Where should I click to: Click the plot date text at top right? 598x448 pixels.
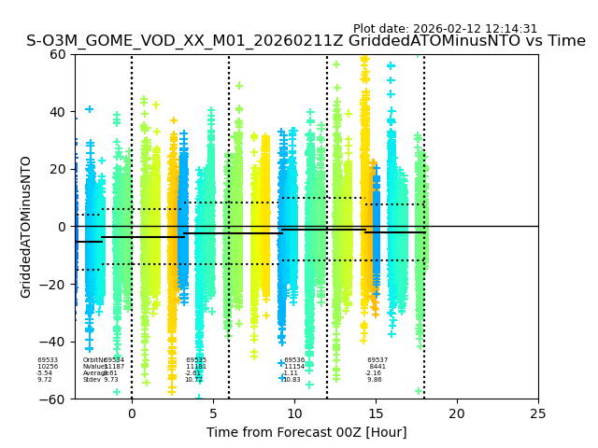[445, 29]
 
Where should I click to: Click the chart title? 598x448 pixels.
[306, 41]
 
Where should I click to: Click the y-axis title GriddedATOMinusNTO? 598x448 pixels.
[26, 227]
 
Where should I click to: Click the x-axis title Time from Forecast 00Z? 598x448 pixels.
[306, 432]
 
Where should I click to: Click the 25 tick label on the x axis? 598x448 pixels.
[538, 413]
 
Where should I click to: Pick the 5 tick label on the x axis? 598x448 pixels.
[213, 413]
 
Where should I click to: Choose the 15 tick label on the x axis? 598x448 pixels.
[376, 413]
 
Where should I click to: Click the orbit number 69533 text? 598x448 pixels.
[48, 360]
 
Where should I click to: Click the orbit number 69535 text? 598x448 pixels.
[196, 360]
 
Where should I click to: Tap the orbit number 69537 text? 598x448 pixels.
[377, 360]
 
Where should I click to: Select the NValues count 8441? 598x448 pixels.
[377, 367]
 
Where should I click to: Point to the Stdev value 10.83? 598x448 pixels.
[292, 380]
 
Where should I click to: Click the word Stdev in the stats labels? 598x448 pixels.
[92, 380]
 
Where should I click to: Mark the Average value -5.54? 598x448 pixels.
[45, 373]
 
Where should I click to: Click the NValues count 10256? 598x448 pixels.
[48, 367]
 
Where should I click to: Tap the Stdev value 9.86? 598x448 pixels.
[375, 380]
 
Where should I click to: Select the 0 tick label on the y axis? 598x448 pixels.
[64, 227]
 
